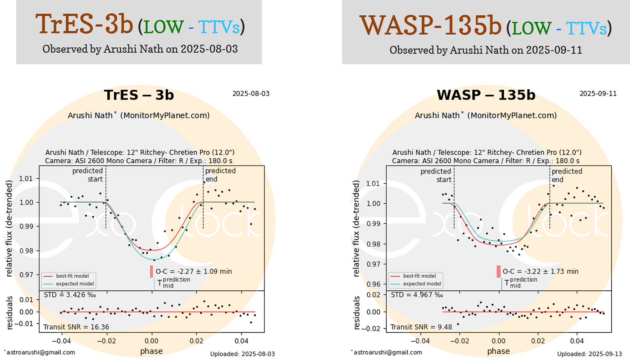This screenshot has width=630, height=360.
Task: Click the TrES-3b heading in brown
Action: tap(84, 24)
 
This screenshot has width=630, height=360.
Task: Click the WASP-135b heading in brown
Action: tap(430, 26)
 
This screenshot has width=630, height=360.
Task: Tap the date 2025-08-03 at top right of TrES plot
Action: tap(251, 94)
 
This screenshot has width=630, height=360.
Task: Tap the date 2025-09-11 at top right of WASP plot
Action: tap(598, 94)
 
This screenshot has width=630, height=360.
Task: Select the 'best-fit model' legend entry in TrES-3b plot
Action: tap(72, 276)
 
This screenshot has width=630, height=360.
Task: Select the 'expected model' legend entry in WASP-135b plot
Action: tap(422, 284)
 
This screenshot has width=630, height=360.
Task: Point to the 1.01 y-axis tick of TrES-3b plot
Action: tap(26, 179)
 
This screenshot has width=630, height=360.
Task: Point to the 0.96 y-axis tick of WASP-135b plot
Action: tap(373, 284)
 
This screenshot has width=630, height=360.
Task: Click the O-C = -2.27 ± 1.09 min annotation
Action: tap(194, 271)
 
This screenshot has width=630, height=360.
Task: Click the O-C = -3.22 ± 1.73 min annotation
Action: tap(540, 271)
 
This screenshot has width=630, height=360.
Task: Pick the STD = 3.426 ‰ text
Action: tap(69, 295)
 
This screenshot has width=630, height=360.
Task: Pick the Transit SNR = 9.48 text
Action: tap(421, 327)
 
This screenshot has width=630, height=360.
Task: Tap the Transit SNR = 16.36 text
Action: tap(76, 327)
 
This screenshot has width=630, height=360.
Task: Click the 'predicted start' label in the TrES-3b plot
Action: tap(88, 175)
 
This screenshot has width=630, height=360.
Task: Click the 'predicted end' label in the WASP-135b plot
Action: tap(566, 175)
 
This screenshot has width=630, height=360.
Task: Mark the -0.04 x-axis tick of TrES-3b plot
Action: tap(61, 341)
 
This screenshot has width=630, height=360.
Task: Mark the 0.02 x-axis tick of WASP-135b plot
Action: tap(538, 341)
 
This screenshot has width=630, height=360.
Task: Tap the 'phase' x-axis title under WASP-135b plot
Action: tap(498, 351)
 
